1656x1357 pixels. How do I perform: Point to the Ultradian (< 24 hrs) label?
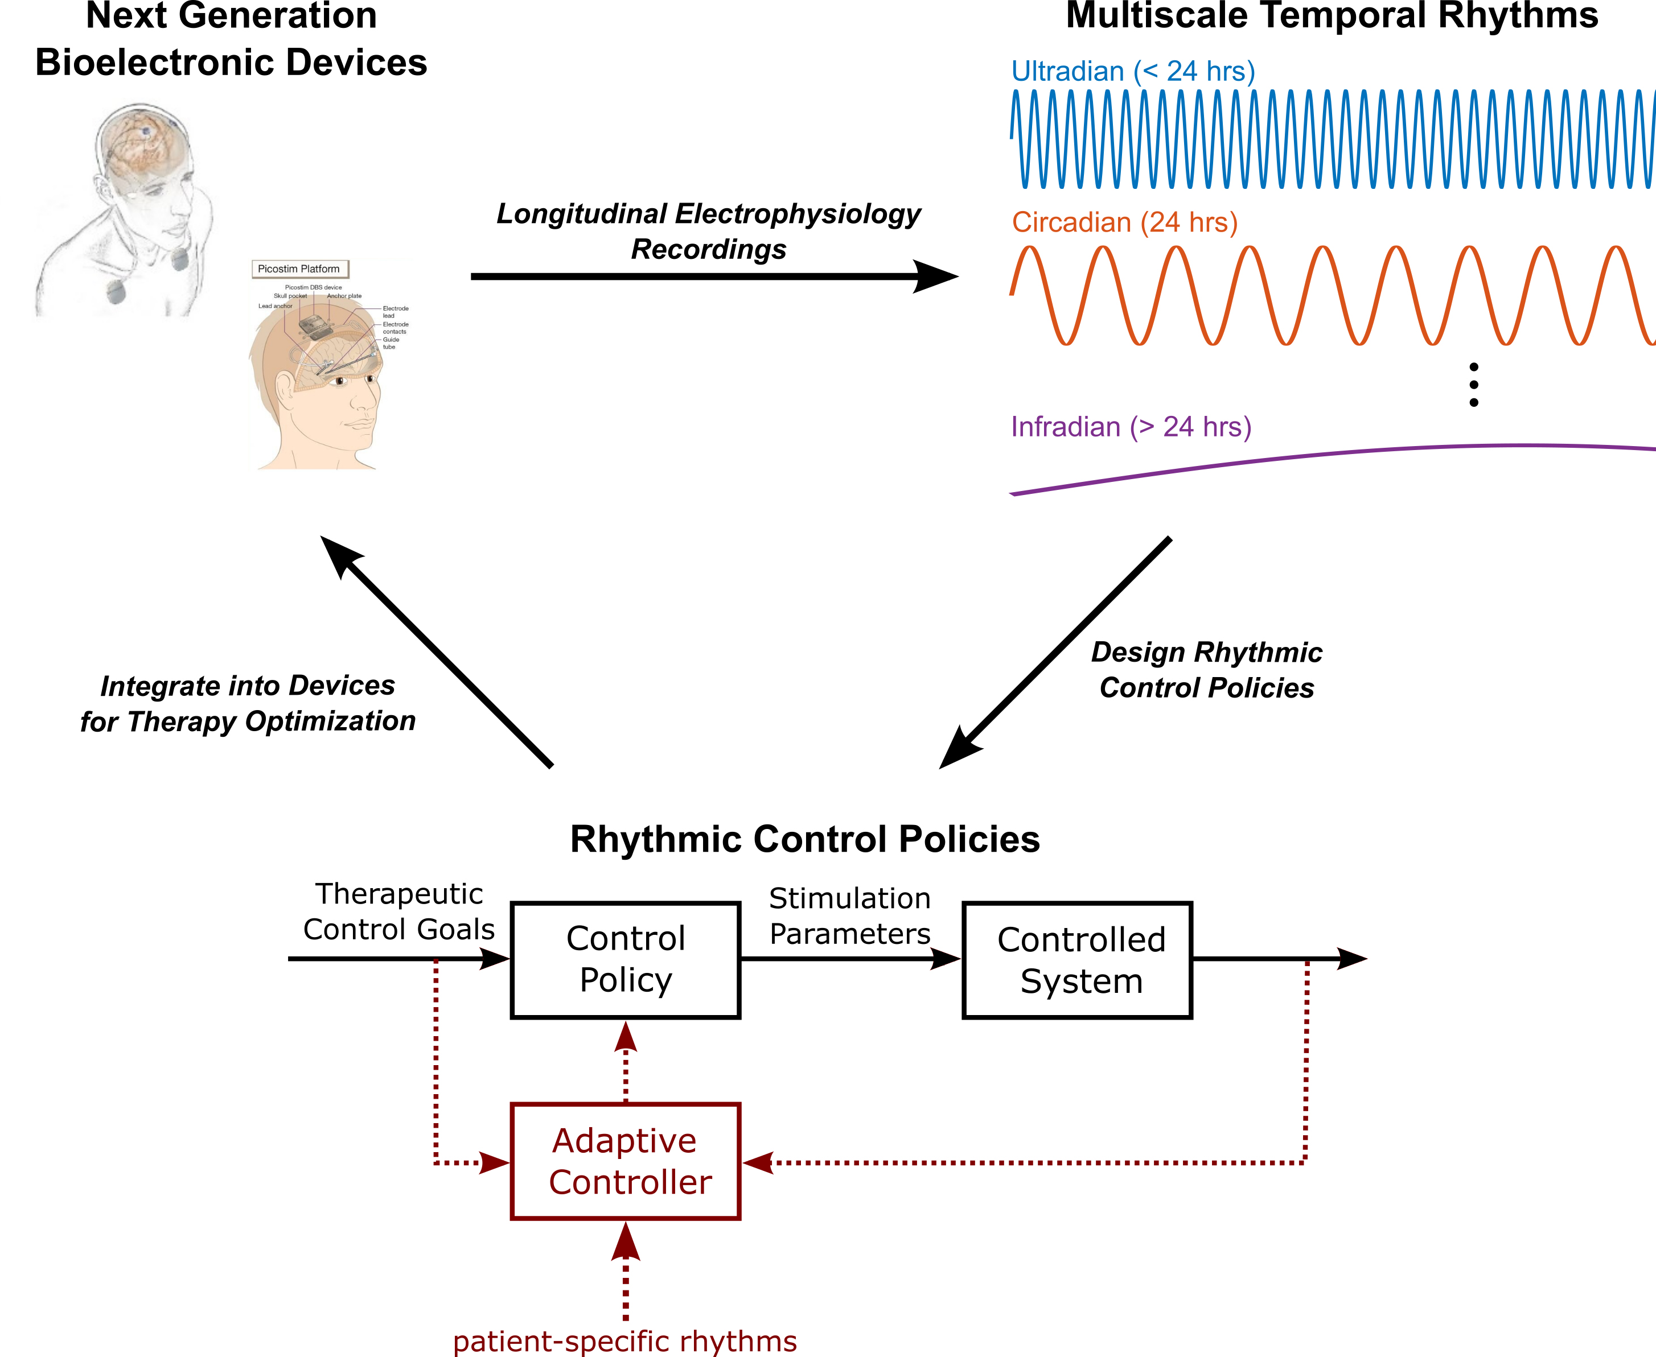pos(1132,71)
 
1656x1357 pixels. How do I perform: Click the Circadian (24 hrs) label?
pos(1124,222)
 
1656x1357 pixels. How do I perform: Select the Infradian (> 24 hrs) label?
pos(1131,427)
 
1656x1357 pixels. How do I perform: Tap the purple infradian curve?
pos(1329,455)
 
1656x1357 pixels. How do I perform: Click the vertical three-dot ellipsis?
pos(1473,385)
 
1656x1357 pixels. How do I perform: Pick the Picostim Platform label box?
pos(299,269)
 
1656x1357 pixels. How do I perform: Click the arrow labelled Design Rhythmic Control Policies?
pos(1055,653)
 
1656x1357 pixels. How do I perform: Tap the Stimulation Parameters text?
pos(849,915)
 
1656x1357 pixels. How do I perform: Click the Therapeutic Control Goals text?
pos(398,911)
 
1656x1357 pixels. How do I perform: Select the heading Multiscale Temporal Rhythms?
pos(1332,15)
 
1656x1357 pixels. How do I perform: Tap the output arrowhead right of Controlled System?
pos(1350,958)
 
